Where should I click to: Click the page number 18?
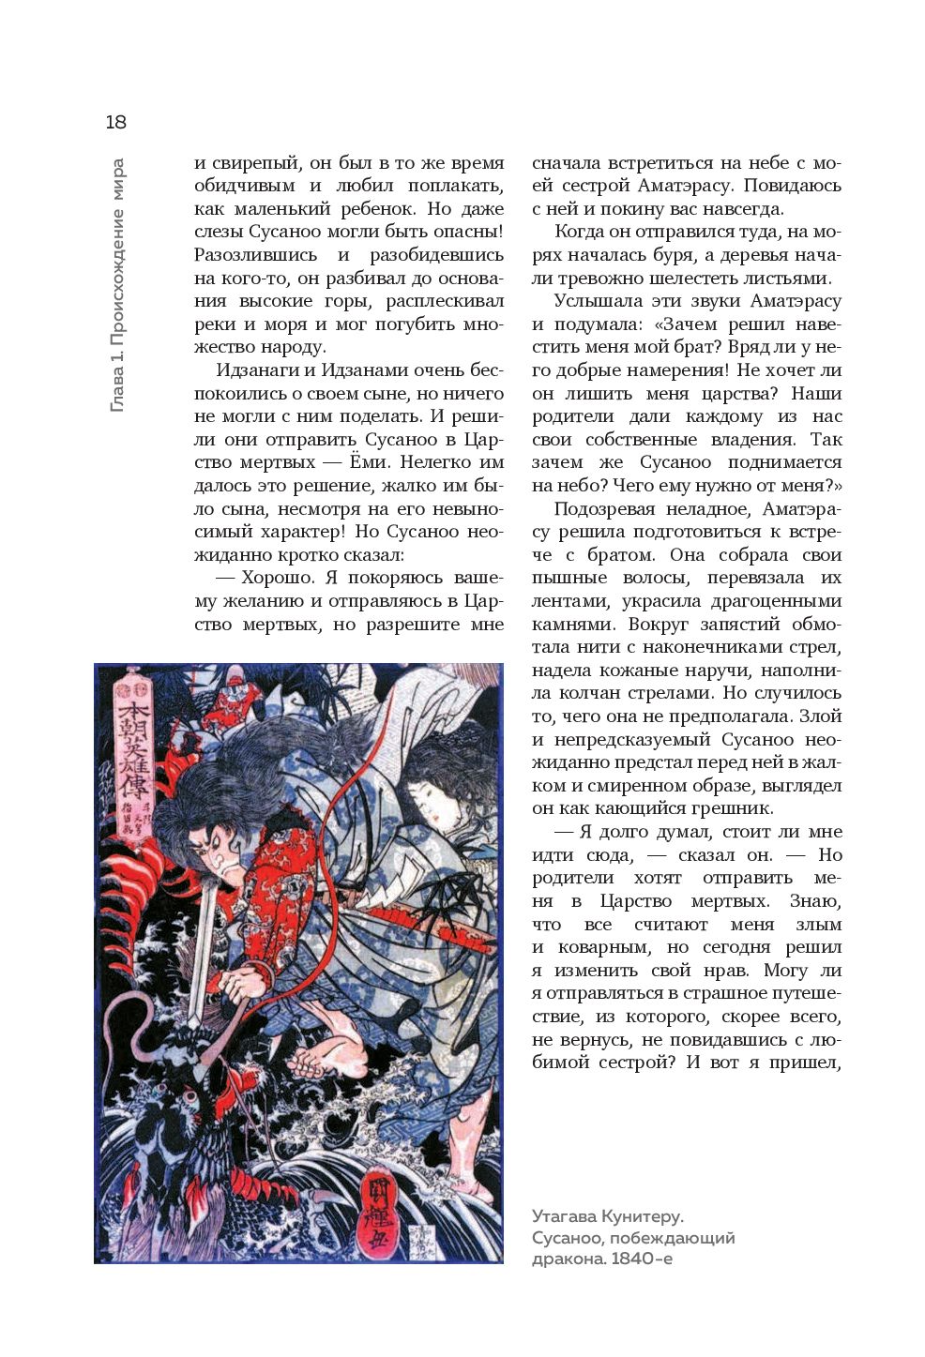[115, 122]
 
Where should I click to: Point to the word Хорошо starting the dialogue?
[276, 578]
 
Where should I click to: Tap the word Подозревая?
[605, 509]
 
